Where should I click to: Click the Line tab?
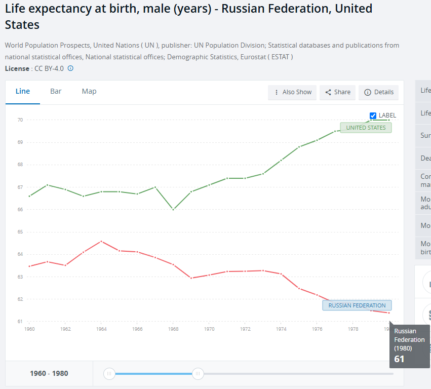tap(23, 92)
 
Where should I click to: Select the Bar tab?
tap(56, 92)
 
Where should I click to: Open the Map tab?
tap(89, 92)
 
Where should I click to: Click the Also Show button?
tap(292, 92)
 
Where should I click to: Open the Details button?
tap(379, 92)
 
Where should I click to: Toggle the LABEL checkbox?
tap(373, 115)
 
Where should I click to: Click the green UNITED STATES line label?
tap(366, 128)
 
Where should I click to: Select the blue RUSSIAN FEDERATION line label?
tap(357, 305)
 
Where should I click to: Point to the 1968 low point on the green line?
tap(173, 209)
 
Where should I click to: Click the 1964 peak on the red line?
tap(101, 241)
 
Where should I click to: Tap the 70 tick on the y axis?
tap(20, 120)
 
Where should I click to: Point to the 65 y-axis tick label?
tap(20, 232)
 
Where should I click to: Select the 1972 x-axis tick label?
tap(245, 329)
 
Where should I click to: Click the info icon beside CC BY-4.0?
tap(70, 68)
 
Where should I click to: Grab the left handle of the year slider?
tap(109, 374)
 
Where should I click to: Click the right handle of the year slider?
tap(198, 374)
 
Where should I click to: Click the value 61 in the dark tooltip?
tap(399, 359)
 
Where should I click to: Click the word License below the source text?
tap(17, 68)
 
